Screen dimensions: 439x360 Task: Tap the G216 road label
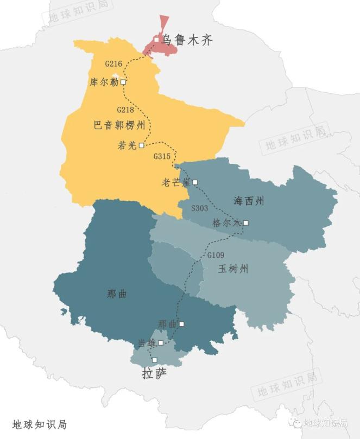(113, 64)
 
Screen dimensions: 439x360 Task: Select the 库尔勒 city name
(104, 82)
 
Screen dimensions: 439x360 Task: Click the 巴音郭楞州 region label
(119, 126)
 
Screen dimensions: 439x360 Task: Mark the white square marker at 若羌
(141, 145)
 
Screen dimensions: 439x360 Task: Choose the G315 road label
(162, 156)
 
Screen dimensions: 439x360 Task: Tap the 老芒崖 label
(176, 182)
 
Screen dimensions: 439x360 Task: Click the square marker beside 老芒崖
(195, 182)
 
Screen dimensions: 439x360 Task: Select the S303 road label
(199, 208)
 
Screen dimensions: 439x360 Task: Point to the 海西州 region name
(249, 201)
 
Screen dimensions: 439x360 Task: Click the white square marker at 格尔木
(246, 222)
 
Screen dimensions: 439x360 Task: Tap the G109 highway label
(216, 255)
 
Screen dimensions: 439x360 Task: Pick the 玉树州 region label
(233, 269)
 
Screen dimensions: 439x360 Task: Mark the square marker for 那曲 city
(181, 324)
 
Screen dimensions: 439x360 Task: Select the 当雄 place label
(147, 343)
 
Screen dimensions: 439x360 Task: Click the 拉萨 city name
(154, 374)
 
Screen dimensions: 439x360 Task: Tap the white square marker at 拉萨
(154, 360)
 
